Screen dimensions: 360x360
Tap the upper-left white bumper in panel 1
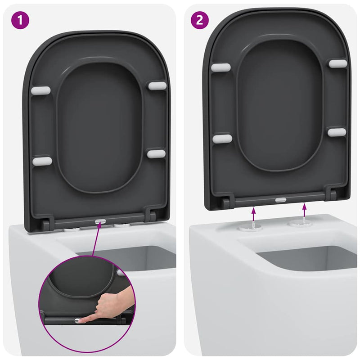point(40,91)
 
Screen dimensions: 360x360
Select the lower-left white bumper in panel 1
point(42,161)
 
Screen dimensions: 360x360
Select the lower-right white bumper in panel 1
point(156,154)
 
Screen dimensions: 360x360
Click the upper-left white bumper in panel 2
point(221,67)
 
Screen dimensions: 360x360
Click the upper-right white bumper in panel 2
point(337,64)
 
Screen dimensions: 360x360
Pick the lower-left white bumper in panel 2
point(222,139)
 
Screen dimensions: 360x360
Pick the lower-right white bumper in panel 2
point(337,132)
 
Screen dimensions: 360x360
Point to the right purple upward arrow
point(305,211)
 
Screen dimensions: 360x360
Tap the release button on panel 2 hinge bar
point(279,199)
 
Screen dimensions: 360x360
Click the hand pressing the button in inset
point(112,306)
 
